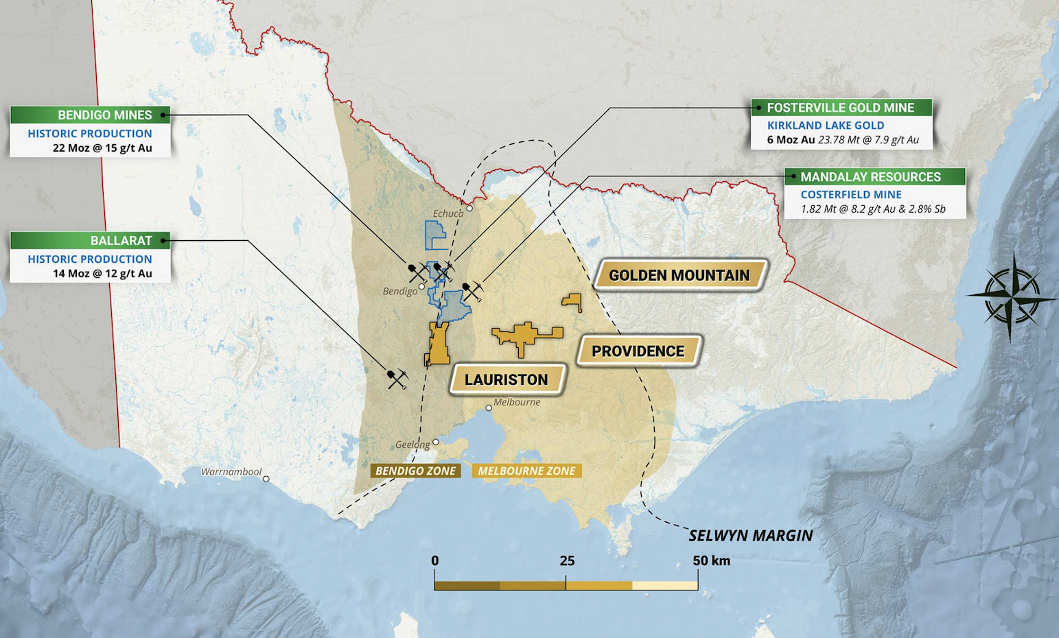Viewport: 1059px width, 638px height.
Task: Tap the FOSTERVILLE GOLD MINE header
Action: (841, 108)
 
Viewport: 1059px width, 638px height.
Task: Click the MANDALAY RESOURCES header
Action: (870, 177)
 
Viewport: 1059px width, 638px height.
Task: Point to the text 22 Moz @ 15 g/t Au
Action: (102, 148)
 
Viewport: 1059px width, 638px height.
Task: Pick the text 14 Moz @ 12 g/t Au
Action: (102, 274)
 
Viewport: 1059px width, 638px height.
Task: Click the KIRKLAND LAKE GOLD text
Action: (826, 126)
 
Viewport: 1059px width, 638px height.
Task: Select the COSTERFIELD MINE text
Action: (851, 195)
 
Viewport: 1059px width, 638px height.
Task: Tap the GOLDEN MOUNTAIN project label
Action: (679, 276)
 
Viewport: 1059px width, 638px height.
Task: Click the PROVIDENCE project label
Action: (638, 351)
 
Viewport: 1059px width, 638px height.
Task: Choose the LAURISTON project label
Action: (507, 380)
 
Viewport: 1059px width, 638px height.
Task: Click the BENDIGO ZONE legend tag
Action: (415, 471)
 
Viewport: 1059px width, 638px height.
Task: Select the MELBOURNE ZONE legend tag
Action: (526, 471)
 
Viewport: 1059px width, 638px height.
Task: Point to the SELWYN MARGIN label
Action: (750, 536)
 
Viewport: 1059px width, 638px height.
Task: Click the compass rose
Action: (1010, 296)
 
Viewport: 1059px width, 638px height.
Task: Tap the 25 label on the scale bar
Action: (567, 560)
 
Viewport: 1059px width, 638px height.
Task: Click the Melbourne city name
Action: (517, 402)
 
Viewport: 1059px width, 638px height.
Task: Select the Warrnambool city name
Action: (231, 472)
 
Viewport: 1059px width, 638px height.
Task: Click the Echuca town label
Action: (448, 213)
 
